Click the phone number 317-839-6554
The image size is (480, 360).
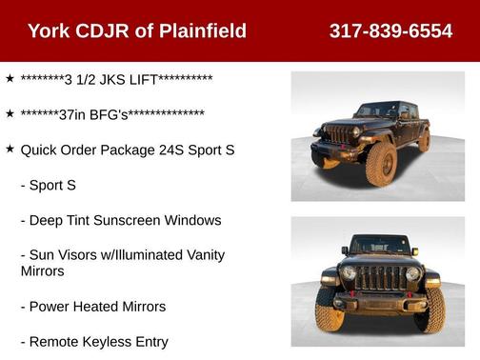point(390,30)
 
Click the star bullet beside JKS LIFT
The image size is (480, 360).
point(10,78)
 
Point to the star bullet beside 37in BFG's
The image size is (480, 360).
point(10,113)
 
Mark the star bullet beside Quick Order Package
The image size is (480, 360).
point(10,150)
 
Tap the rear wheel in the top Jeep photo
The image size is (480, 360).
point(423,143)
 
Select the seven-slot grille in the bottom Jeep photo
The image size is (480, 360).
point(379,278)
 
